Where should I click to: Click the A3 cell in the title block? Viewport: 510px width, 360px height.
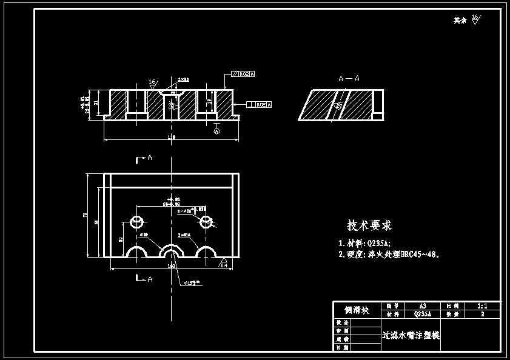pos(423,307)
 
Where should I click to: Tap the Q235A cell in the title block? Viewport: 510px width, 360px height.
pos(423,315)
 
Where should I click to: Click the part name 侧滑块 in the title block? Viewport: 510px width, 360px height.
pos(357,310)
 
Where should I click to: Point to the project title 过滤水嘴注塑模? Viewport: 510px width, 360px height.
pos(411,335)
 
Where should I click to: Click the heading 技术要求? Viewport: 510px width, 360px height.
pos(369,225)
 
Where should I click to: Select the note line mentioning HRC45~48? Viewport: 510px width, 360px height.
pos(388,255)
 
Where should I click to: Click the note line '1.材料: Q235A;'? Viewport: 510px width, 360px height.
pos(364,243)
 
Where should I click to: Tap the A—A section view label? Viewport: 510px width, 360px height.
pos(349,78)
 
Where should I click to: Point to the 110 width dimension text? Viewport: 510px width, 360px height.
pos(171,138)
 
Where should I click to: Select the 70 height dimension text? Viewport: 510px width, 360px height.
pos(86,215)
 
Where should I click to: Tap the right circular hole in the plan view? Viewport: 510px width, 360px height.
pos(206,221)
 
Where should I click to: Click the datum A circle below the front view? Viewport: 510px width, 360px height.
pos(217,130)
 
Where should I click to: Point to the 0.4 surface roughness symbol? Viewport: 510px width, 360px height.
pos(223,264)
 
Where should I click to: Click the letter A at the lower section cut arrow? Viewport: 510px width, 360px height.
pos(150,279)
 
